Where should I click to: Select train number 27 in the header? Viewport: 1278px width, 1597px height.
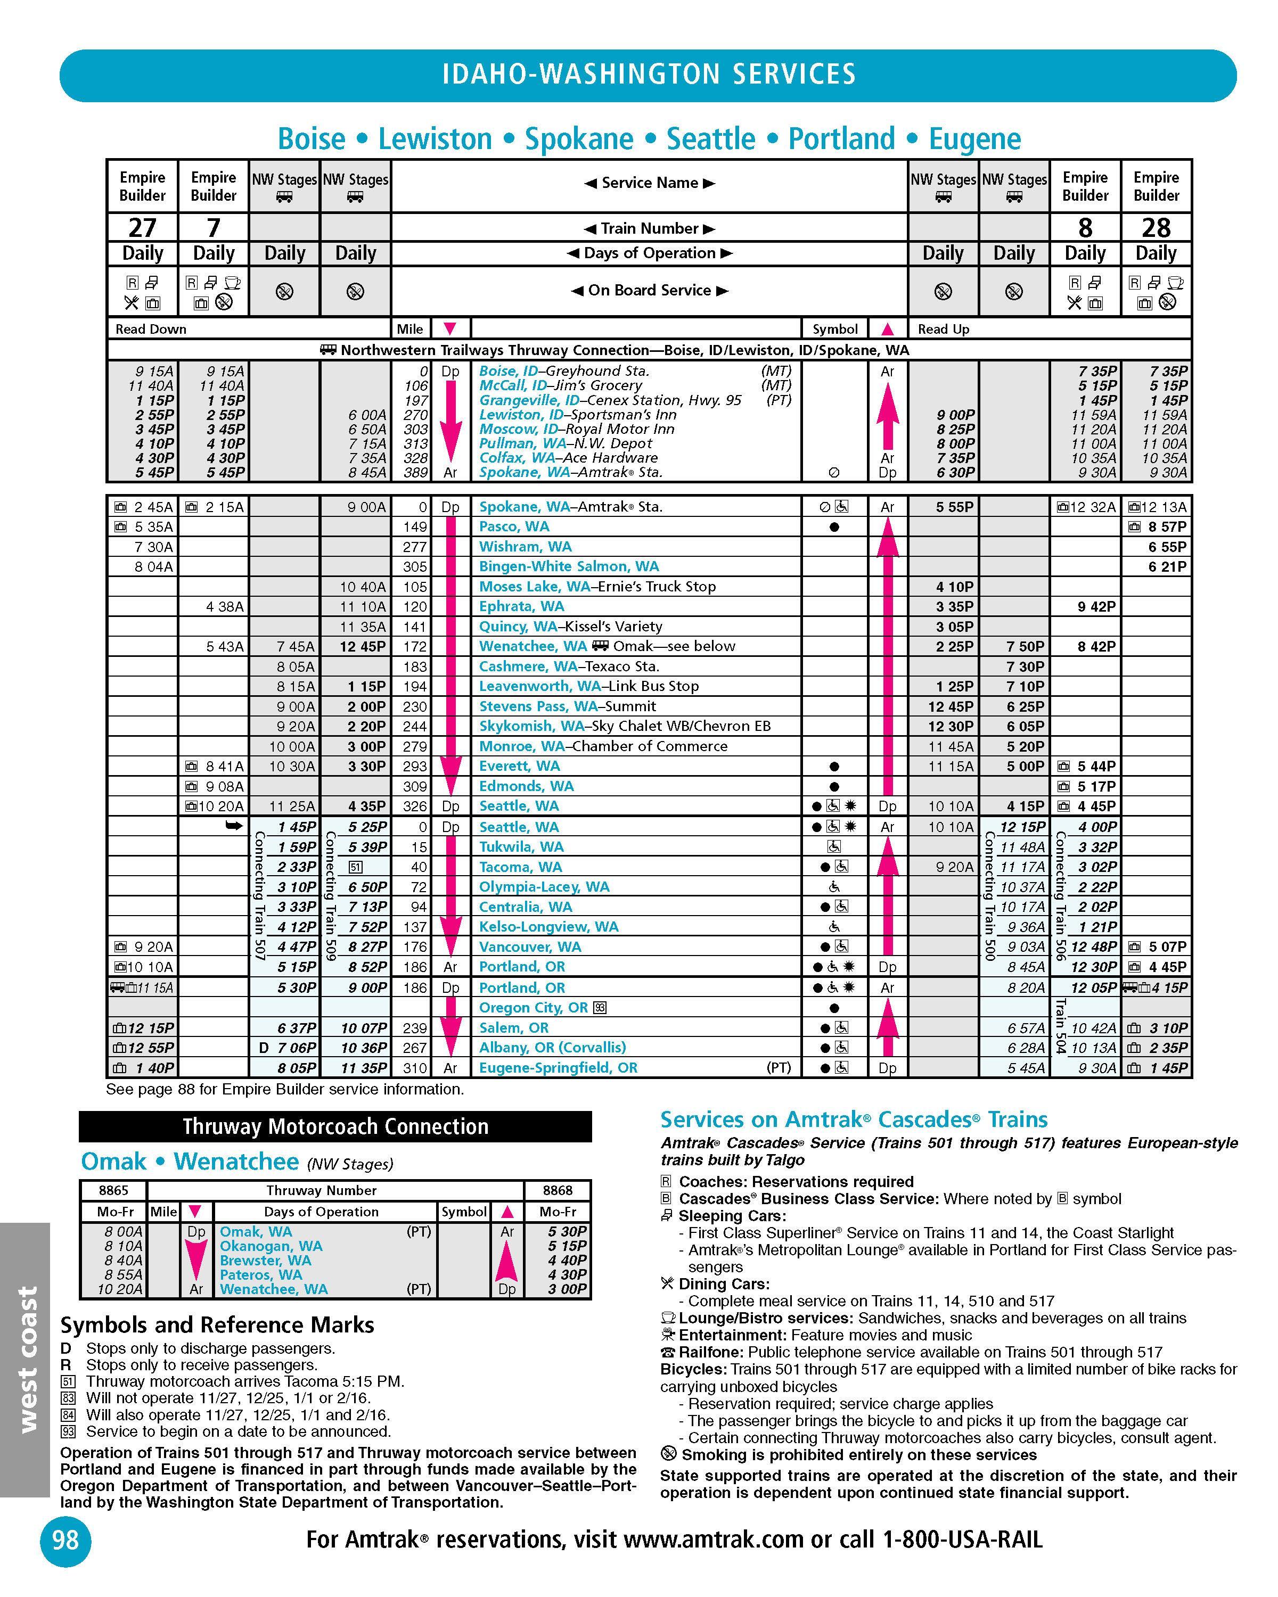click(x=142, y=227)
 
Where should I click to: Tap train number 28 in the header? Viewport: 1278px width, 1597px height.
click(x=1156, y=227)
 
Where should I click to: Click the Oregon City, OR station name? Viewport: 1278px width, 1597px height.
click(x=534, y=1007)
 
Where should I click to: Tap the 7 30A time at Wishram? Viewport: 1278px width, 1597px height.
click(x=153, y=547)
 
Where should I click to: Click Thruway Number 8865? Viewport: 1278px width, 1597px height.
click(x=113, y=1190)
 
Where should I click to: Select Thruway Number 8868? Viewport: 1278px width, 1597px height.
click(x=557, y=1190)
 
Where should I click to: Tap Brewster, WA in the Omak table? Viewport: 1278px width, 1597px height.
click(x=265, y=1260)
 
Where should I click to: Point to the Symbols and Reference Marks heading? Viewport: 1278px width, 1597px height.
click(x=217, y=1324)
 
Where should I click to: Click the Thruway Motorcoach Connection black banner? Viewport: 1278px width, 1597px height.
click(x=335, y=1126)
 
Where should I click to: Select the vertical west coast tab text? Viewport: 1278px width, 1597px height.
click(x=27, y=1359)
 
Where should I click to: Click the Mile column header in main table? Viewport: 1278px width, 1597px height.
click(x=409, y=329)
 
